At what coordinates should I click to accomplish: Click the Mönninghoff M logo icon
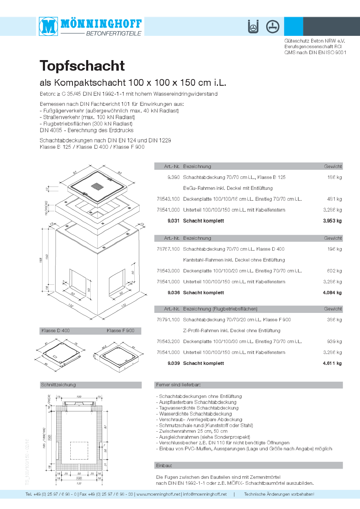tap(49, 26)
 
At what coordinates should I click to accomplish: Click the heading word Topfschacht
tap(82, 66)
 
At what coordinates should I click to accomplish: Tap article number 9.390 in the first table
tap(173, 178)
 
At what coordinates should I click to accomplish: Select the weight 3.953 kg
tap(332, 221)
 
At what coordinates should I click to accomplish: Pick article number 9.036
tap(174, 292)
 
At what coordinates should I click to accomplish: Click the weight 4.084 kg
tap(332, 292)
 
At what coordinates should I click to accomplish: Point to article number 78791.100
tap(168, 320)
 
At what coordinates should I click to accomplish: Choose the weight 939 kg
tap(334, 342)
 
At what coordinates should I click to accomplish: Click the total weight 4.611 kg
tap(332, 363)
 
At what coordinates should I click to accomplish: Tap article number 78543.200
tap(168, 342)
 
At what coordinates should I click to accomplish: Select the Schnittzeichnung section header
tap(58, 385)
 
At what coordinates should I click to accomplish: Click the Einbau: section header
tap(164, 466)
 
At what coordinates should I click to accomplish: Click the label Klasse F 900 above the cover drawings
tap(120, 331)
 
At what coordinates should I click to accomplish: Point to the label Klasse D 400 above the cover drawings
tap(56, 331)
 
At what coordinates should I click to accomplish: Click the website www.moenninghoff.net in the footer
tap(159, 494)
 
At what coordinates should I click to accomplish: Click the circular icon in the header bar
tap(272, 27)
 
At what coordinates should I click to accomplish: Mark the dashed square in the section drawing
tap(79, 451)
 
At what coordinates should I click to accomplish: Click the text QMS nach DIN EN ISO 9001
tap(315, 52)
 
